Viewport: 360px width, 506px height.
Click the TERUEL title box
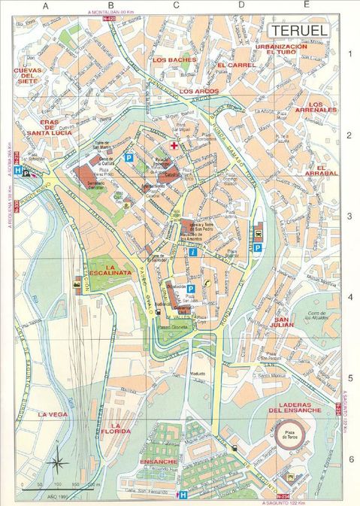pos(298,30)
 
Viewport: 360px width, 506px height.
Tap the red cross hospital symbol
pos(174,145)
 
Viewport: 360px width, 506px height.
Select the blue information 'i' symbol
pos(193,253)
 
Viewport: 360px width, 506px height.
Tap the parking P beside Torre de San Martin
pos(129,158)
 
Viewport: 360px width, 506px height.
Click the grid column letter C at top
pos(175,6)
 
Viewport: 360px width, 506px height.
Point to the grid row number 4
pos(349,298)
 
